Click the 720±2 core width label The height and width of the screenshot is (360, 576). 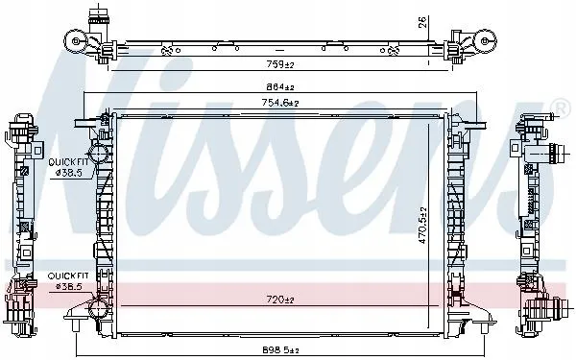point(280,300)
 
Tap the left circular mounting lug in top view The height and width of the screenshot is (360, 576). point(75,39)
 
